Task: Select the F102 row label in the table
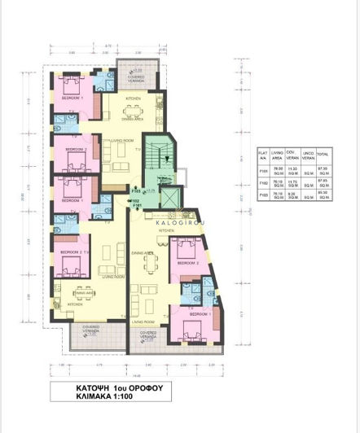pyautogui.click(x=262, y=184)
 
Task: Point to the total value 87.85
pyautogui.click(x=323, y=184)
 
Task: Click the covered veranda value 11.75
pyautogui.click(x=292, y=184)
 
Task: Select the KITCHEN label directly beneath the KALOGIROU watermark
pyautogui.click(x=166, y=231)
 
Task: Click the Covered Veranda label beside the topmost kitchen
pyautogui.click(x=134, y=79)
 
